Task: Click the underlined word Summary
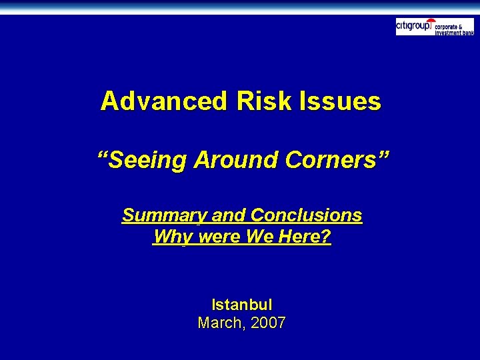tap(164, 216)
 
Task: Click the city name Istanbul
tap(241, 305)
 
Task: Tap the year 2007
tap(269, 323)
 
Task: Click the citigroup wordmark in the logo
tap(413, 27)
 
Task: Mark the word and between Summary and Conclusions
tap(229, 216)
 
